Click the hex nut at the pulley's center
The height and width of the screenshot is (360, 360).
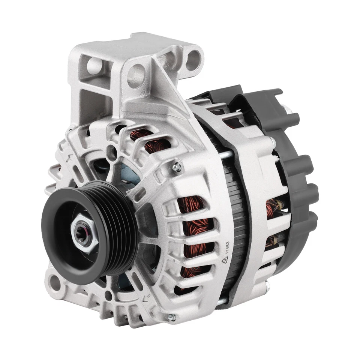(83, 232)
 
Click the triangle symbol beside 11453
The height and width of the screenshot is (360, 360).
(225, 261)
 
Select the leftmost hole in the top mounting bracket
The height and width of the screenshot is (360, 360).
(94, 66)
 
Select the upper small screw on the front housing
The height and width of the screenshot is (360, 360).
(176, 168)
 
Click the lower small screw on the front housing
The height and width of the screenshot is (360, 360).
(171, 317)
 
